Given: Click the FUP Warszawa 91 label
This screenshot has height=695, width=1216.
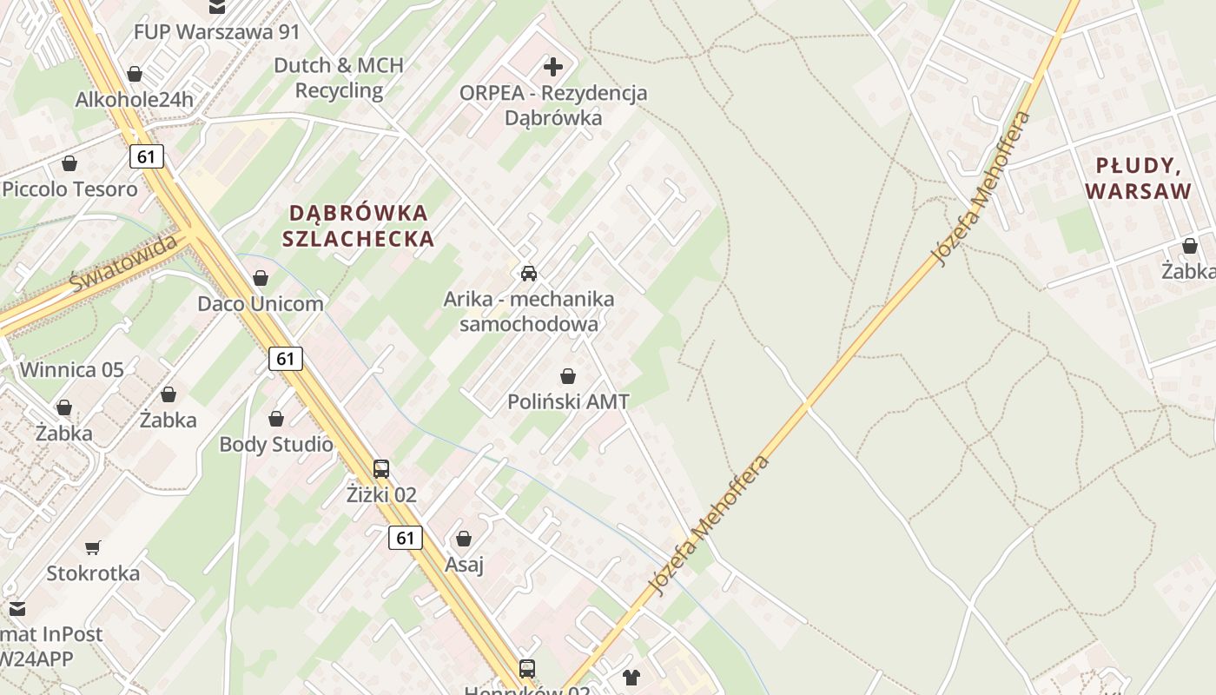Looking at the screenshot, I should pos(216,32).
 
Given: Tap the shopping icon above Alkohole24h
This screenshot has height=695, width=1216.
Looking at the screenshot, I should pos(135,74).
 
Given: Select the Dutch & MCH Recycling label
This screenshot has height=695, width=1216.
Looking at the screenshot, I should pos(339,78).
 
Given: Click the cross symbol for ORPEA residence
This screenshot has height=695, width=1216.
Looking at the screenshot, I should pos(553,66).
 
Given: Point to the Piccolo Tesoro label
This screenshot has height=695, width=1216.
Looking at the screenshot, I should pos(69,189).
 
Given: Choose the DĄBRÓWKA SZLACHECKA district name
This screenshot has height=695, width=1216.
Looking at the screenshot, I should pos(358,226).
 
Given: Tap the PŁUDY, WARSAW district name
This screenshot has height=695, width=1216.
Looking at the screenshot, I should pos(1138,178).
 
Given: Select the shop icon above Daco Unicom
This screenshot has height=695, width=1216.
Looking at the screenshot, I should pos(260,278).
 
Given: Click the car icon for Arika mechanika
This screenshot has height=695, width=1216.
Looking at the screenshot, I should pos(528,273).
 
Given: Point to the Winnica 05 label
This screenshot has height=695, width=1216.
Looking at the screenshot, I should pos(71,370).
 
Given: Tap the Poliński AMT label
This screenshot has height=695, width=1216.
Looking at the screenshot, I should pos(568,401).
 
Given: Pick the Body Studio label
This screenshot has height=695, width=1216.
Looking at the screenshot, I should pos(275,445).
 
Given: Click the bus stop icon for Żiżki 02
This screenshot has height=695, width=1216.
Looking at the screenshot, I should pos(381,469).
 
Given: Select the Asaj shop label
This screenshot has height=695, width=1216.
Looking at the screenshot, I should pos(464,565).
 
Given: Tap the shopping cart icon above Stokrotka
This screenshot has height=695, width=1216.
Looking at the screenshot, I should pos(93,547).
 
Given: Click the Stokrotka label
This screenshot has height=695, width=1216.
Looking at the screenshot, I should pos(93,573).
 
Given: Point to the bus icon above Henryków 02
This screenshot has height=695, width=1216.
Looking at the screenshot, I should pos(527,668).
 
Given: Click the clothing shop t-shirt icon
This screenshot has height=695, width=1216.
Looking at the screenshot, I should pos(631,677).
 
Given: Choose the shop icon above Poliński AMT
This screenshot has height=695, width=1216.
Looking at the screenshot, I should pos(568,376).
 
